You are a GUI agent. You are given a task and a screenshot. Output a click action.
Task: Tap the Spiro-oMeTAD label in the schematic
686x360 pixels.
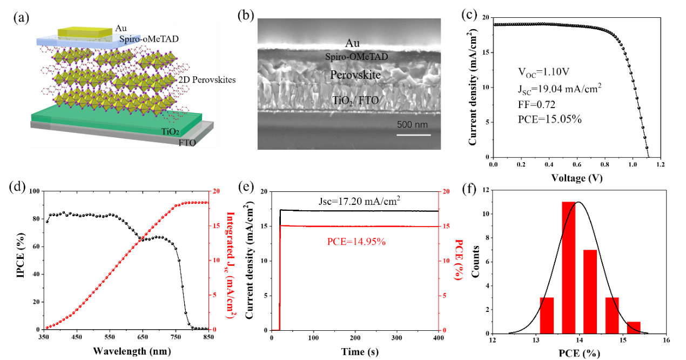[x=146, y=39]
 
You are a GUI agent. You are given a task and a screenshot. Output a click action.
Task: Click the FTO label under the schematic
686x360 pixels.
[x=187, y=143]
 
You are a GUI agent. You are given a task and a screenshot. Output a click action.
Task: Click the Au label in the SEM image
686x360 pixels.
[x=352, y=44]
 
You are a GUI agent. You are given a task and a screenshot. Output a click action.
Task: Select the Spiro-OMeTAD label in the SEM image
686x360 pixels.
[x=357, y=56]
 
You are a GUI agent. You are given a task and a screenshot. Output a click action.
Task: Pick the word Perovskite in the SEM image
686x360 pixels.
[x=355, y=75]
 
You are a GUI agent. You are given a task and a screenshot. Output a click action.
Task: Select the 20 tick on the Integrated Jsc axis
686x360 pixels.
[x=217, y=191]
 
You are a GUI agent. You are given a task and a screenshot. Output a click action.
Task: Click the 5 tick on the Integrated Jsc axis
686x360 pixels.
[x=216, y=295]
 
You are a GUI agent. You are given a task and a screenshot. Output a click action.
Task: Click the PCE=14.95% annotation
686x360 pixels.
[x=356, y=242]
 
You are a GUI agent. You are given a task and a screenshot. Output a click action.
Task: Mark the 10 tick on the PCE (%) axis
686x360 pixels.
[x=446, y=261]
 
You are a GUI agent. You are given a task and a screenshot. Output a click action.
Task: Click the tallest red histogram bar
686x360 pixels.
[x=568, y=268]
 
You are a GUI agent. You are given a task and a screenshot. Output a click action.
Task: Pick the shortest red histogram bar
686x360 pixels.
[x=634, y=327]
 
